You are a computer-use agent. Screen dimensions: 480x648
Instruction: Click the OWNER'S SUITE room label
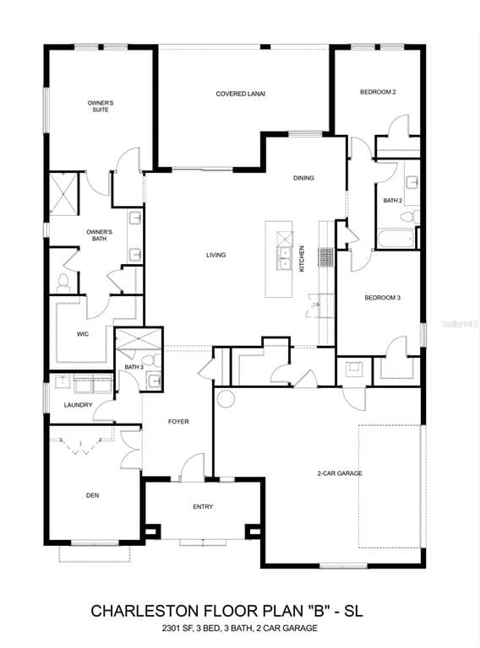101,106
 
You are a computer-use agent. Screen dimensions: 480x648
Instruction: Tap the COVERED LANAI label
240,94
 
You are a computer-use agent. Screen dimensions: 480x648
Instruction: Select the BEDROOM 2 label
378,92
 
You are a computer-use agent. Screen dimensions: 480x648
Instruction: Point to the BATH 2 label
393,201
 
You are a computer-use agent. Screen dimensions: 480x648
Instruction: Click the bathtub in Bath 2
395,239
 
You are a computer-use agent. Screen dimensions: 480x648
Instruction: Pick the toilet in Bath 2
409,216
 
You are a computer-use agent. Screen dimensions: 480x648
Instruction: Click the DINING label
303,178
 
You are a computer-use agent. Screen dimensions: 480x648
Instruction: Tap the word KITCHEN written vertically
302,259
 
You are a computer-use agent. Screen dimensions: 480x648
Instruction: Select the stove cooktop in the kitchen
325,256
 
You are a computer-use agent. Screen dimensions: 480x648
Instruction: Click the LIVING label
216,255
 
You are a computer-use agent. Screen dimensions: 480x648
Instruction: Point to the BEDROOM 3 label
382,298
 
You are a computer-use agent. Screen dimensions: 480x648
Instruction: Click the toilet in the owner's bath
63,283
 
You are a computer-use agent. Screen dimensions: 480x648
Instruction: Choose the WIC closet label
83,334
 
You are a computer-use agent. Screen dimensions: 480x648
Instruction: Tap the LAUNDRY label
79,405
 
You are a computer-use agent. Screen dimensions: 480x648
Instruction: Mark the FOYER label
178,422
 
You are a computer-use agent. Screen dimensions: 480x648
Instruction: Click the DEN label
93,495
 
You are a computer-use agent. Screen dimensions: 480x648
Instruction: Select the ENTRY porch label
203,506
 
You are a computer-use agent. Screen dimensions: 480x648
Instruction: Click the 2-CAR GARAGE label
340,473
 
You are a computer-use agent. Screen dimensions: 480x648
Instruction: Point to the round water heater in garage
226,398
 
